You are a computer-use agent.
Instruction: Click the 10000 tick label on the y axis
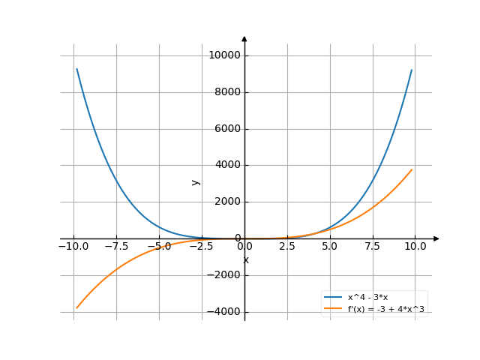[224, 55]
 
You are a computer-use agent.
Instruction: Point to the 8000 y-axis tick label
[226, 92]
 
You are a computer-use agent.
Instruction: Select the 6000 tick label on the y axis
[226, 129]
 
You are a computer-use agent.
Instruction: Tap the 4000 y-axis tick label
[226, 165]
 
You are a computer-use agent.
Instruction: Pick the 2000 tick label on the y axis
[226, 202]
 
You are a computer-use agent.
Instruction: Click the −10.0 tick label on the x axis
[73, 246]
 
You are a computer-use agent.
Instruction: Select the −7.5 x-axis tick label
[116, 246]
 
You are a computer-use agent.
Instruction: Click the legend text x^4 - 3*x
[367, 297]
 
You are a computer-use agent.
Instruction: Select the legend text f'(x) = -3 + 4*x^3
[385, 308]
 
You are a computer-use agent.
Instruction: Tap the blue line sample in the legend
[332, 297]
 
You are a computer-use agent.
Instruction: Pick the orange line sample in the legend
[332, 308]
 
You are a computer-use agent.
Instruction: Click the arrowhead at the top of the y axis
[244, 38]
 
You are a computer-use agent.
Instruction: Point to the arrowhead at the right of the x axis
[436, 238]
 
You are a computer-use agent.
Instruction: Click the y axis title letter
[196, 181]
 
